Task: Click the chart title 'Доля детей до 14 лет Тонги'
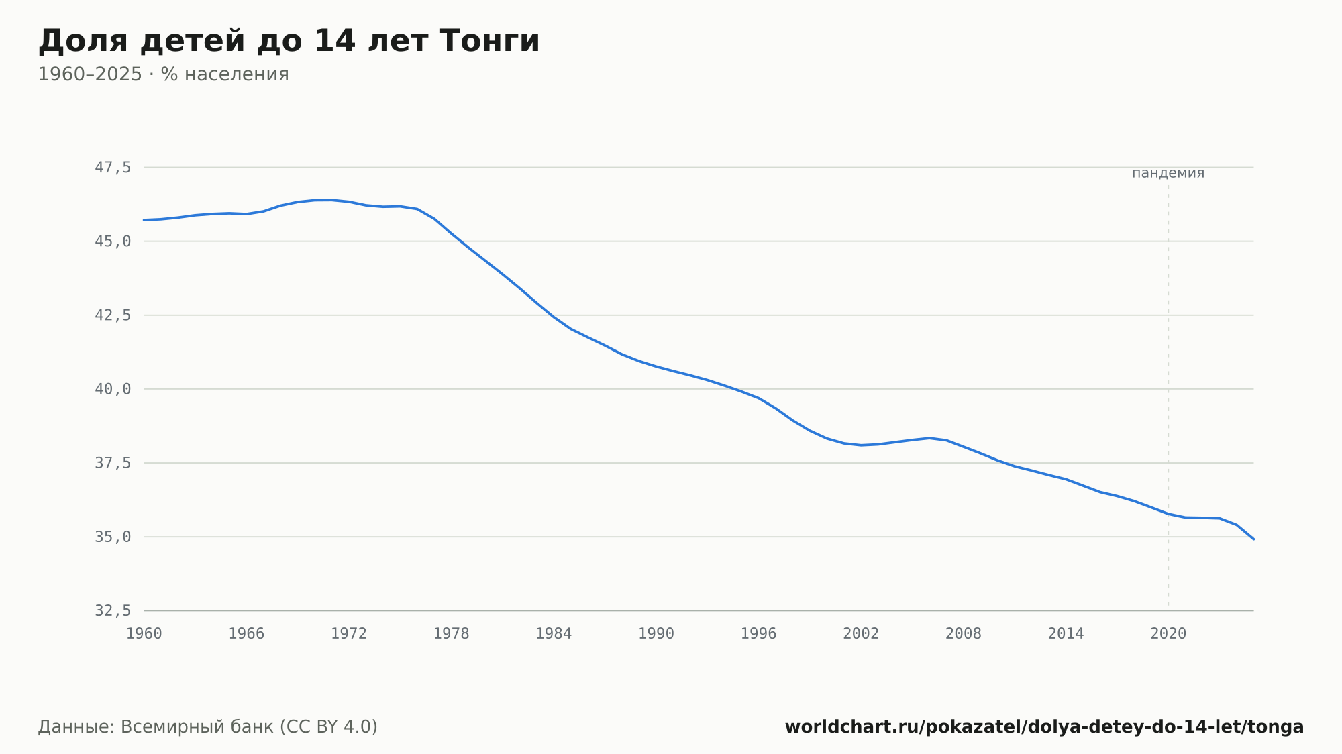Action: click(x=289, y=42)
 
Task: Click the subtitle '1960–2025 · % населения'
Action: click(x=163, y=74)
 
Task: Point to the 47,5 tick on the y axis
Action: click(x=113, y=168)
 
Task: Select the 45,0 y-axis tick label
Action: click(x=113, y=241)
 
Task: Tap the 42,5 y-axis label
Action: click(x=113, y=315)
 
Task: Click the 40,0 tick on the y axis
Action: click(x=113, y=389)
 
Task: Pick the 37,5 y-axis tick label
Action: click(x=113, y=463)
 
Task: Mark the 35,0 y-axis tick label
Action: click(x=113, y=537)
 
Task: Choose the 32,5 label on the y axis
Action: click(x=113, y=610)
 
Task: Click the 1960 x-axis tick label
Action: click(x=144, y=634)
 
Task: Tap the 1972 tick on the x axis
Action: click(x=349, y=634)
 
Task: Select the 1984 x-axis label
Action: click(x=554, y=634)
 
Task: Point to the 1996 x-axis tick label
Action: click(x=758, y=634)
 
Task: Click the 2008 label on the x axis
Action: click(x=964, y=634)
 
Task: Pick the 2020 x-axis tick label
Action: click(x=1168, y=634)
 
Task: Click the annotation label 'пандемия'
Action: click(x=1168, y=173)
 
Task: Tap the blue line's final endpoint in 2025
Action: click(x=1253, y=539)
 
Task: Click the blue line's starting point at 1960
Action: click(x=144, y=220)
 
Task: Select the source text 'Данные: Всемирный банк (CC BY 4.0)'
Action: click(x=208, y=727)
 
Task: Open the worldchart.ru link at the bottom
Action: click(x=1044, y=727)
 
